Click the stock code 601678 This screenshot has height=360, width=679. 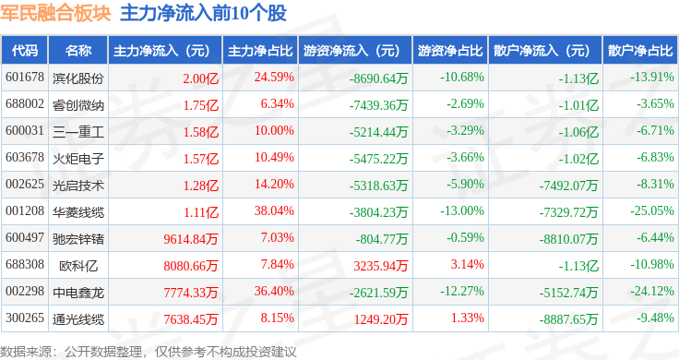(25, 78)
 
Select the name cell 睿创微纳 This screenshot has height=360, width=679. (78, 104)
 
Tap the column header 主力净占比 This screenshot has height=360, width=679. (260, 51)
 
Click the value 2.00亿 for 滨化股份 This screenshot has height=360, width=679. (200, 78)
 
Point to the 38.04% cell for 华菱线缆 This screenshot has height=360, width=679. (274, 211)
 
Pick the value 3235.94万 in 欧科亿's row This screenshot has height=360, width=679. (381, 265)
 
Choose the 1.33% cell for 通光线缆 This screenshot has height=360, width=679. (467, 318)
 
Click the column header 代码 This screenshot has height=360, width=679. (25, 51)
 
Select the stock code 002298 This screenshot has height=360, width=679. (25, 291)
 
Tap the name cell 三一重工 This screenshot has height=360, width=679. (78, 131)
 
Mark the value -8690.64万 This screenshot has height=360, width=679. (379, 78)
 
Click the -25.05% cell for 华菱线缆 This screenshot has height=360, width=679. (652, 211)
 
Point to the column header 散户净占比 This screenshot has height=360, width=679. (640, 51)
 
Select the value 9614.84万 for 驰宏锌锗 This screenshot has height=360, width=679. (191, 239)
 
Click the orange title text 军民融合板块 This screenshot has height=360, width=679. (56, 14)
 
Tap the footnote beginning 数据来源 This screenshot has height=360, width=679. (149, 352)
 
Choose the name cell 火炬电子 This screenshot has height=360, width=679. (78, 158)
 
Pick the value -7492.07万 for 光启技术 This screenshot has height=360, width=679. (568, 186)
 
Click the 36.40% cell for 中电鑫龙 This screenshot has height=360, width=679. (274, 291)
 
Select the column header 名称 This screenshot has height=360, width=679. (78, 51)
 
